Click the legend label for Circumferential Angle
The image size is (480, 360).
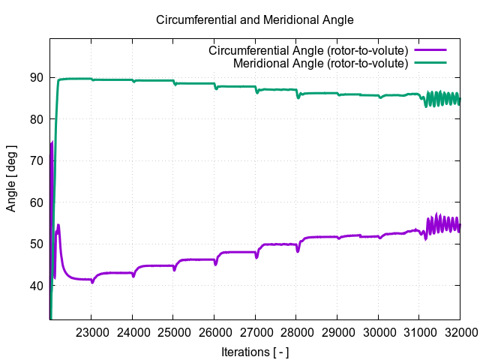coord(307,51)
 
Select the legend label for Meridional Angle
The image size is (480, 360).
coord(320,63)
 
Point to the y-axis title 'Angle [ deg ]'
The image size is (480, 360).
coord(11,178)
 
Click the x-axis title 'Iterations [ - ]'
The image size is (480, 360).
coord(254,351)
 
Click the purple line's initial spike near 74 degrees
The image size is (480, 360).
coord(52,142)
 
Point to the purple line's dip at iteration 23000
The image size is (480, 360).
coord(92,282)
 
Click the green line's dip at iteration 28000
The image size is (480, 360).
coord(298,97)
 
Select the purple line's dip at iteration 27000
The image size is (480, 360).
coord(256,257)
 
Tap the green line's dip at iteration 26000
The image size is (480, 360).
coord(216,88)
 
